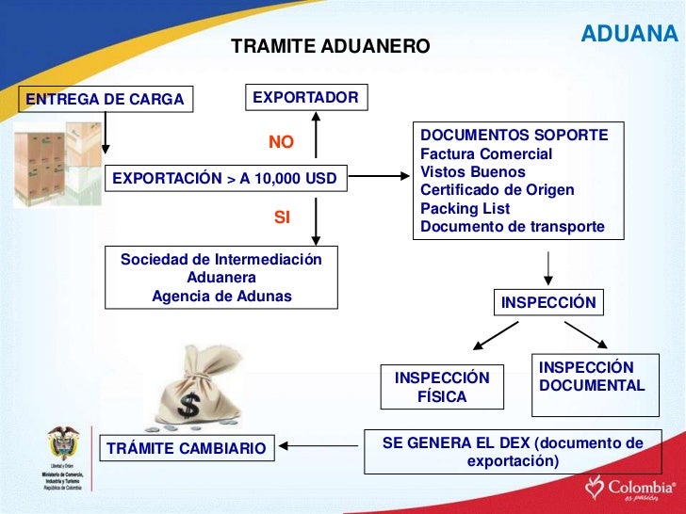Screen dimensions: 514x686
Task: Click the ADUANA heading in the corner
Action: [629, 34]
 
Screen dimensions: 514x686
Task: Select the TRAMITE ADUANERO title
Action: [330, 46]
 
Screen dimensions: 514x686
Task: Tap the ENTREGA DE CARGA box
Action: [106, 100]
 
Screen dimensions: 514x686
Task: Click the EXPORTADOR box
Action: [306, 97]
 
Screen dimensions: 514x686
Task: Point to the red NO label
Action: [281, 142]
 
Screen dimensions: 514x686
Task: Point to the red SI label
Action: [281, 217]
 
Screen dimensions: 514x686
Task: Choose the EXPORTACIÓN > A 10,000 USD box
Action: [225, 177]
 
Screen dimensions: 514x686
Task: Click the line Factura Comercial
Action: [486, 153]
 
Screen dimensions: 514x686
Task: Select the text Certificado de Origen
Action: [497, 190]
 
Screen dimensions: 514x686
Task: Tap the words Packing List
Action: [465, 208]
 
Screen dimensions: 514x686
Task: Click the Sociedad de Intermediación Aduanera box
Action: [221, 278]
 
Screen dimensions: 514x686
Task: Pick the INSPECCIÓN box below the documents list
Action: [548, 303]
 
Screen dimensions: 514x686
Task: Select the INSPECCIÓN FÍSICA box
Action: [442, 387]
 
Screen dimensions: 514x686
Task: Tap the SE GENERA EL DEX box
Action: [513, 452]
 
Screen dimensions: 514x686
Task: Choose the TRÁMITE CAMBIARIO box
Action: [187, 449]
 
